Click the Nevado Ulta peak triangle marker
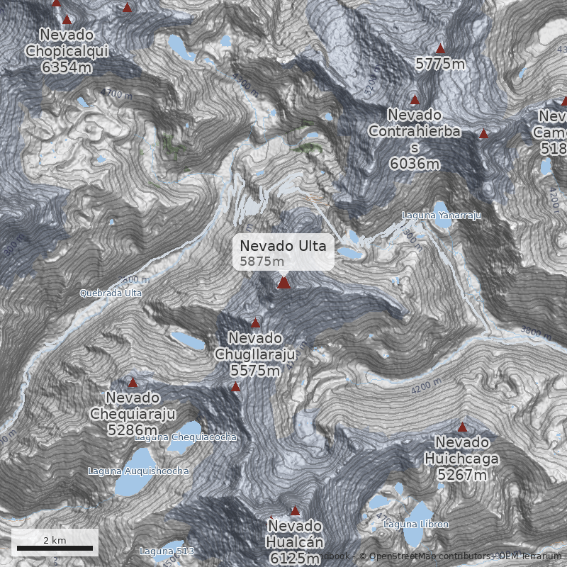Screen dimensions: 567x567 pyautogui.click(x=283, y=283)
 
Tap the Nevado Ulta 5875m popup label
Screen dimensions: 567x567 pyautogui.click(x=283, y=252)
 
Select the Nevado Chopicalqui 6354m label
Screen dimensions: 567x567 pyautogui.click(x=67, y=51)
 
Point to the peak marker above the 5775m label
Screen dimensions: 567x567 pyautogui.click(x=440, y=49)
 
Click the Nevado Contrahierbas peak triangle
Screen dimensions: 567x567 pyautogui.click(x=415, y=100)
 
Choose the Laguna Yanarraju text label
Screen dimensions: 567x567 pyautogui.click(x=442, y=215)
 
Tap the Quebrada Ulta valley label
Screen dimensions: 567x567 pyautogui.click(x=111, y=293)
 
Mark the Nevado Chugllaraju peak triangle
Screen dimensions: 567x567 pyautogui.click(x=256, y=322)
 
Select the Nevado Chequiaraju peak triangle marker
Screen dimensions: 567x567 pyautogui.click(x=133, y=383)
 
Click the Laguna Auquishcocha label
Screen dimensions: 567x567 pyautogui.click(x=138, y=471)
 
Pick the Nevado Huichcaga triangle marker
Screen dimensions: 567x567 pyautogui.click(x=462, y=427)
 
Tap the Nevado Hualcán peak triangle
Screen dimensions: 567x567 pyautogui.click(x=296, y=510)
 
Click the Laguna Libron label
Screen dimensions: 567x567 pyautogui.click(x=415, y=524)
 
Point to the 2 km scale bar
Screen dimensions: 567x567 pyautogui.click(x=55, y=548)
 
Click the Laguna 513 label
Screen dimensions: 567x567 pyautogui.click(x=167, y=551)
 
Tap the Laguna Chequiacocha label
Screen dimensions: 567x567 pyautogui.click(x=186, y=437)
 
